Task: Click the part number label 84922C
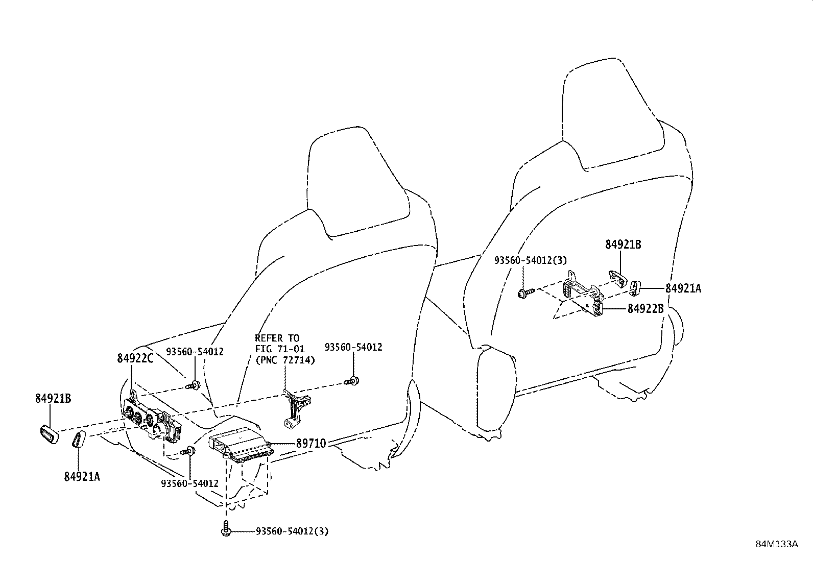click(x=135, y=358)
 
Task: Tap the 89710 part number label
click(x=311, y=443)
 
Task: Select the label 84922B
click(x=645, y=309)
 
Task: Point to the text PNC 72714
click(x=285, y=360)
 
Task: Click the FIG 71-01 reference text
click(x=279, y=349)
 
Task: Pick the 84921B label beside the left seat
click(x=53, y=399)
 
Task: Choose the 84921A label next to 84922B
click(x=683, y=288)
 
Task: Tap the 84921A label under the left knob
click(x=82, y=477)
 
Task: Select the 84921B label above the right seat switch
click(x=623, y=245)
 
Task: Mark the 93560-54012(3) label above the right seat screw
click(x=531, y=260)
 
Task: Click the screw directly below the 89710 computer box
click(x=225, y=530)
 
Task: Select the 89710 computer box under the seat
click(x=241, y=444)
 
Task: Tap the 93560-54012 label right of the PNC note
click(x=353, y=347)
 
